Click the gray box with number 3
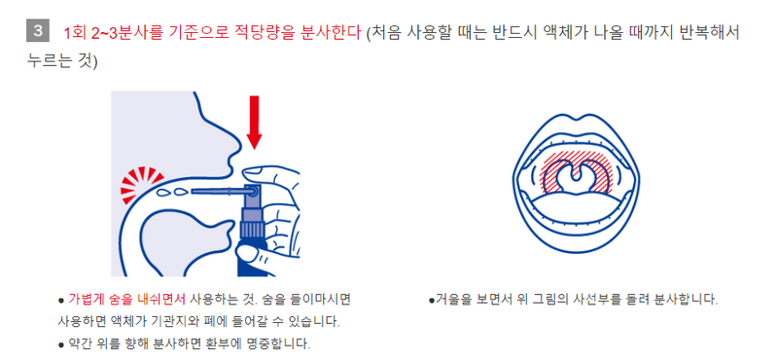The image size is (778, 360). click(38, 31)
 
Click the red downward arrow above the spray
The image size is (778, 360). click(255, 123)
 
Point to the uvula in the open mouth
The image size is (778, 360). click(577, 174)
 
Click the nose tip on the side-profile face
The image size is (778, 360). click(239, 146)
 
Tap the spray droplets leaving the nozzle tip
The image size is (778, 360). click(172, 191)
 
